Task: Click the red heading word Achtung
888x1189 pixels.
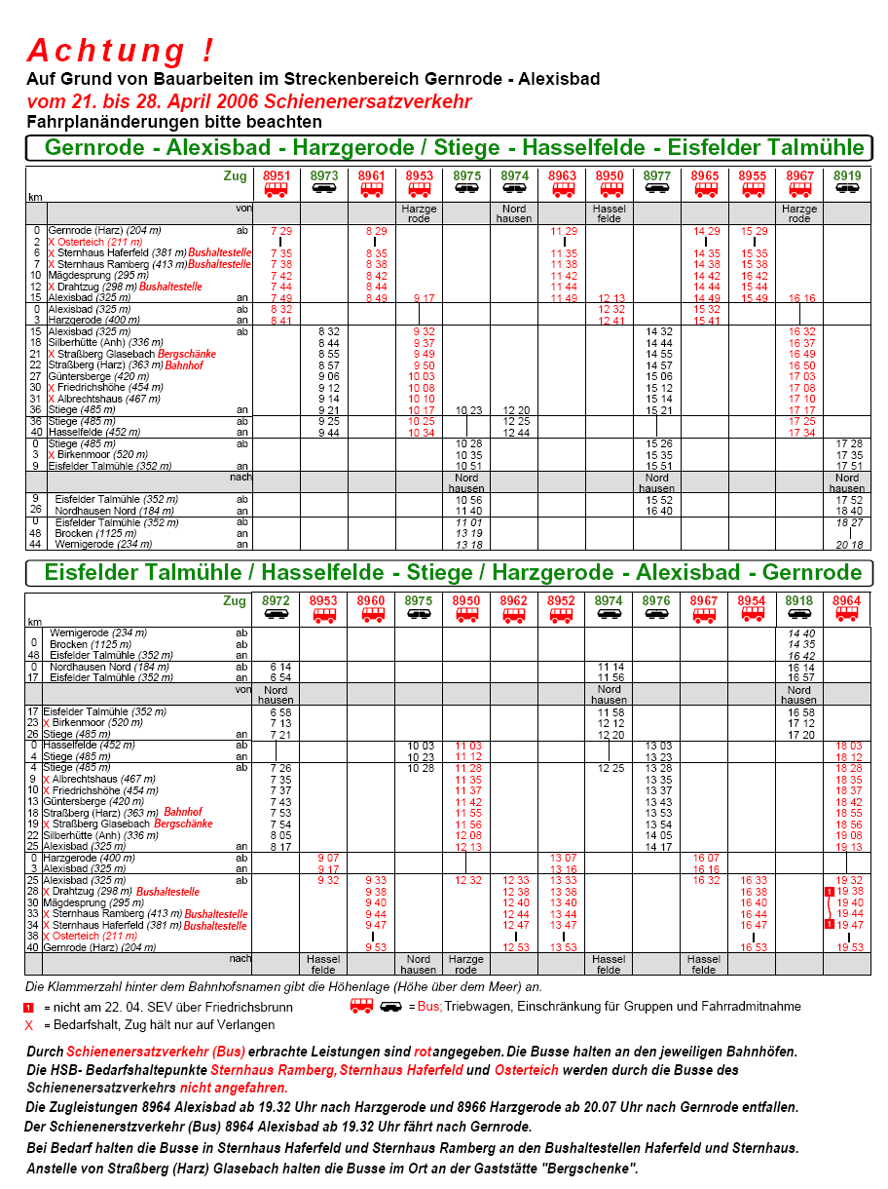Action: tap(120, 51)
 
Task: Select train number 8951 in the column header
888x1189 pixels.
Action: tap(277, 175)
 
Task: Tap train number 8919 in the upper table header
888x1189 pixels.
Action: tap(847, 175)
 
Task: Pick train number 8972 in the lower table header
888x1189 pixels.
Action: tap(276, 601)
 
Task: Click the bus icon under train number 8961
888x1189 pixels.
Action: tap(372, 189)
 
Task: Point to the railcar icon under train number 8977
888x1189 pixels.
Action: tap(657, 189)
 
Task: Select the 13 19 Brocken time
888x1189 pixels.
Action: tap(467, 534)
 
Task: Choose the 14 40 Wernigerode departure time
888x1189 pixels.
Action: tap(799, 633)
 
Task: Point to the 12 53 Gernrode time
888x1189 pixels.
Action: tap(515, 947)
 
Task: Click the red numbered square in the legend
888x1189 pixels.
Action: tap(29, 1007)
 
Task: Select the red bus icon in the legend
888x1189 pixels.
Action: tap(361, 1005)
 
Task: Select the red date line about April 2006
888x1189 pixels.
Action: tap(249, 102)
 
